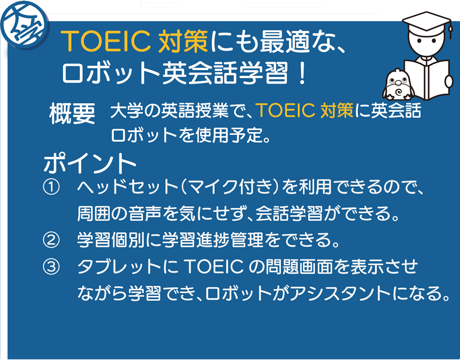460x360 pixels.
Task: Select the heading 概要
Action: click(72, 114)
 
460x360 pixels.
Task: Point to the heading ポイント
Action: click(90, 163)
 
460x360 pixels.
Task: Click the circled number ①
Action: click(51, 187)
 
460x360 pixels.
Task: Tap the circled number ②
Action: click(51, 241)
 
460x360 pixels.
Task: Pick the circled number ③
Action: click(51, 267)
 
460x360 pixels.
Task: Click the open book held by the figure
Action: click(427, 79)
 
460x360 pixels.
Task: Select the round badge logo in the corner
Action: click(25, 25)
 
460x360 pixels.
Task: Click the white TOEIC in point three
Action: click(214, 267)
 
